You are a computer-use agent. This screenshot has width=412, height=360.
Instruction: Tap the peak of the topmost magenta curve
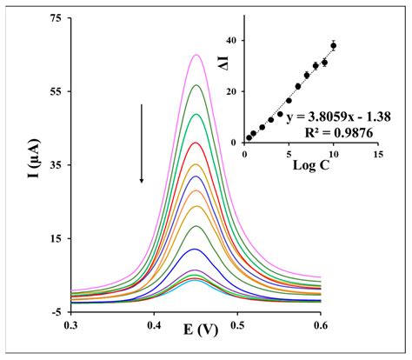pyautogui.click(x=196, y=55)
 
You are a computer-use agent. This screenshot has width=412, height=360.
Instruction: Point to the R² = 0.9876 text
pyautogui.click(x=336, y=131)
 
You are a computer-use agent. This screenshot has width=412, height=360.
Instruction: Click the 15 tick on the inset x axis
pyautogui.click(x=376, y=153)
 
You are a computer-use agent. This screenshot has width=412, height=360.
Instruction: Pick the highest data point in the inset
pyautogui.click(x=333, y=45)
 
